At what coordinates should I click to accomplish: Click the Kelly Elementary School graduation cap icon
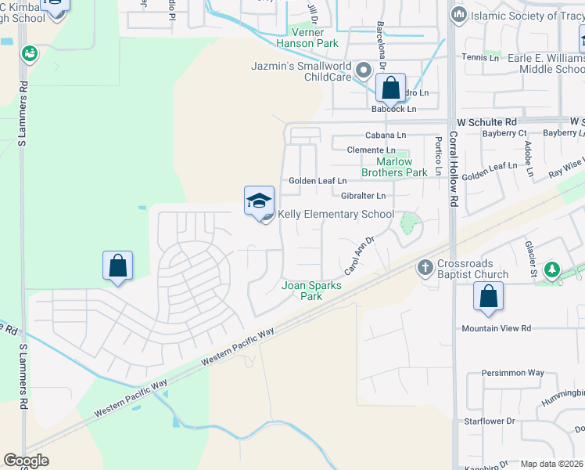coord(259,201)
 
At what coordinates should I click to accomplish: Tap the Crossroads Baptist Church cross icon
coord(425,267)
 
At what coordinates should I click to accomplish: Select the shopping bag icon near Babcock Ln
coord(390,88)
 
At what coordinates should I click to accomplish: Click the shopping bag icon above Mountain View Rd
coord(488,296)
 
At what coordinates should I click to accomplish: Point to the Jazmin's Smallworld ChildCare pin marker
coord(363,71)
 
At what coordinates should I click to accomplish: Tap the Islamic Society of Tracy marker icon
coord(459,14)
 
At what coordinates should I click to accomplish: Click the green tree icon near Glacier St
coord(553,270)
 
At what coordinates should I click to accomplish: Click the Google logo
coord(26,461)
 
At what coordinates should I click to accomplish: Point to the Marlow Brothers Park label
coord(395,168)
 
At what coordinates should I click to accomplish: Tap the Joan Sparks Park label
coord(311,291)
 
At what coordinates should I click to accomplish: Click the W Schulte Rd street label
coord(487,122)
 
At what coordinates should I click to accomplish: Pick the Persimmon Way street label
coord(512,373)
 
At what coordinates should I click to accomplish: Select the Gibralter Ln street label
coord(364,196)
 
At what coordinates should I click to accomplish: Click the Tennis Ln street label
coord(480,57)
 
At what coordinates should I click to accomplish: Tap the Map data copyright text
coord(551,464)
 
